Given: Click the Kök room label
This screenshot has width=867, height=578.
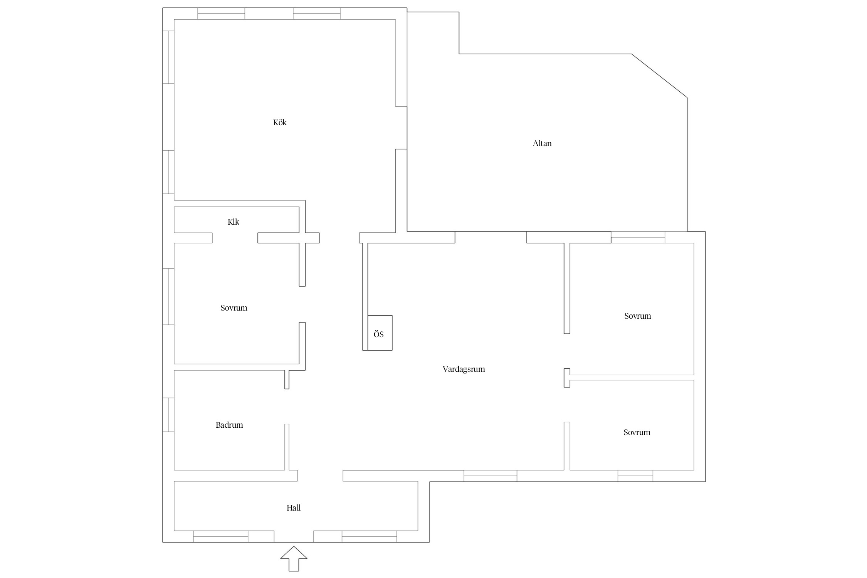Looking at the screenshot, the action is point(280,123).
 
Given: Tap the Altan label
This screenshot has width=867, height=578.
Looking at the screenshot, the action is point(542,143).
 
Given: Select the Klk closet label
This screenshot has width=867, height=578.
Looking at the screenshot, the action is point(233,222).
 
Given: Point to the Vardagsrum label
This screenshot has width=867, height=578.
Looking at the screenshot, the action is point(464,369).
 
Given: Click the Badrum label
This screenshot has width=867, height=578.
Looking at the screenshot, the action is point(229,425).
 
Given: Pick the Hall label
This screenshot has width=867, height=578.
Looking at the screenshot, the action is point(293,508).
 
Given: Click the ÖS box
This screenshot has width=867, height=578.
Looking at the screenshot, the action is point(380,333).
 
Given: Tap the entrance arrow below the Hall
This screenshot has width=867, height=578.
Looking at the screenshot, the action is point(294,559).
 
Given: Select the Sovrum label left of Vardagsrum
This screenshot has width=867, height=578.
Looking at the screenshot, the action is point(234,308).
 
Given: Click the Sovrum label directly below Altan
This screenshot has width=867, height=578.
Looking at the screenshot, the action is point(637,316).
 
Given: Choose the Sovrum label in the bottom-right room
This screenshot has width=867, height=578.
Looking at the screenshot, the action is point(637,432).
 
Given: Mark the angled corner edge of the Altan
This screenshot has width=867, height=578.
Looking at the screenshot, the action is point(659,76).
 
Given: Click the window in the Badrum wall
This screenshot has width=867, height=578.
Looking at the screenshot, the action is point(168,415).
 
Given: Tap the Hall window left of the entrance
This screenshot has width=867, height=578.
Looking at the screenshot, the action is point(221,536).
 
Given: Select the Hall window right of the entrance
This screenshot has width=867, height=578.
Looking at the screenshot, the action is point(369,536).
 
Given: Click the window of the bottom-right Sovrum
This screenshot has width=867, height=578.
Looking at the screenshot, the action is point(635,476).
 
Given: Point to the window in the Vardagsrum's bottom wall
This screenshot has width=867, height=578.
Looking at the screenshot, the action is point(490,476).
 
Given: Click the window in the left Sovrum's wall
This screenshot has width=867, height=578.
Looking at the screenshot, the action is point(168,297).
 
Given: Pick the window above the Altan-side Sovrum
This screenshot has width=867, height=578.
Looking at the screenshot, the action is point(638,237).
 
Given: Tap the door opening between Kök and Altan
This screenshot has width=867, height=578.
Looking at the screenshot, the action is point(401,128).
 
